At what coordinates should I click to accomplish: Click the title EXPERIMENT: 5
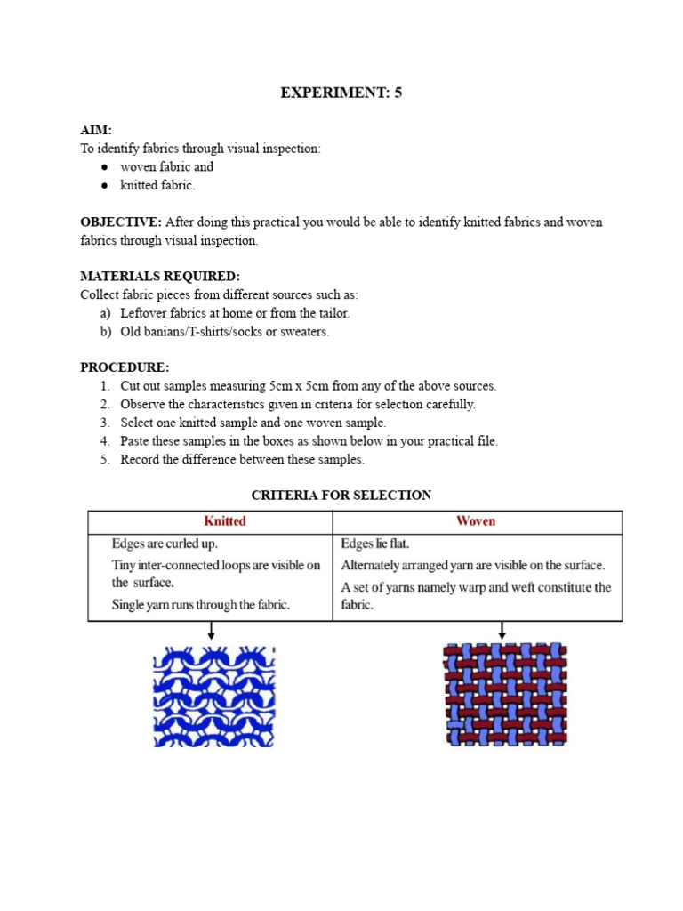click(341, 93)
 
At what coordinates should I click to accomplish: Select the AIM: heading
click(96, 130)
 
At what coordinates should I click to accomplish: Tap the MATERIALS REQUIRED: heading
click(160, 277)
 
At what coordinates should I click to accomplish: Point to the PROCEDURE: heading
click(125, 367)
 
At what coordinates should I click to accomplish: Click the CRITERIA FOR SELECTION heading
click(341, 496)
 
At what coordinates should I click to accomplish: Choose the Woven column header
click(476, 521)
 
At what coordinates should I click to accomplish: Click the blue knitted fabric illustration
click(214, 696)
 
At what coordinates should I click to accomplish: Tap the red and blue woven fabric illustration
click(505, 694)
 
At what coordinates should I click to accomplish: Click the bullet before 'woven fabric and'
click(104, 167)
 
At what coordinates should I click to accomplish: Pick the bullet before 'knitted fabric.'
click(104, 186)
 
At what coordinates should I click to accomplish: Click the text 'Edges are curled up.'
click(165, 544)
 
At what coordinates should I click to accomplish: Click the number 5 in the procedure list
click(104, 460)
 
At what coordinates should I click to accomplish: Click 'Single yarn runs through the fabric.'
click(201, 605)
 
